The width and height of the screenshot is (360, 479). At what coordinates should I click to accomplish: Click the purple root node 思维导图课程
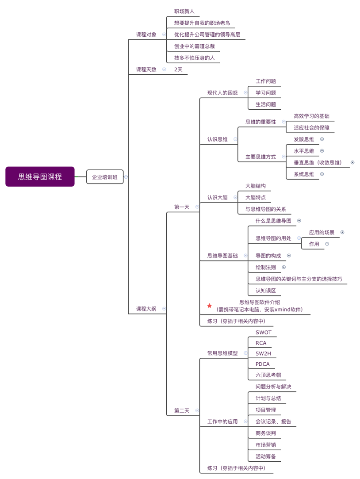click(x=40, y=177)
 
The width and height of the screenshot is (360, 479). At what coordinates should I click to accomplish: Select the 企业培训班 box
click(x=105, y=177)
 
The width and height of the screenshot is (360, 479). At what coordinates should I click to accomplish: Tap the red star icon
click(x=209, y=306)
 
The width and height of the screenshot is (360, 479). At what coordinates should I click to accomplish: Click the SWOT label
click(x=264, y=332)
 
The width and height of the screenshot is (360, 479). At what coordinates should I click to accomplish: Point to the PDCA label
click(x=263, y=364)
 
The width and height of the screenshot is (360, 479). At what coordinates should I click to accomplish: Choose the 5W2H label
click(x=264, y=353)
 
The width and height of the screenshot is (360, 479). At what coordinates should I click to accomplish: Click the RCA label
click(x=261, y=343)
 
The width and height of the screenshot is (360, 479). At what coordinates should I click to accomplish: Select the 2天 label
click(x=178, y=69)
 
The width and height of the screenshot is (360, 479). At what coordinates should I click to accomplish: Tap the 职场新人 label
click(x=184, y=11)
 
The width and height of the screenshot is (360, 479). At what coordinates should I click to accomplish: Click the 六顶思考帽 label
click(x=268, y=375)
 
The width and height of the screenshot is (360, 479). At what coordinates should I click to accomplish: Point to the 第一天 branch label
click(x=182, y=207)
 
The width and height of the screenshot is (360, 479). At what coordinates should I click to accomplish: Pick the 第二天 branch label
click(x=182, y=411)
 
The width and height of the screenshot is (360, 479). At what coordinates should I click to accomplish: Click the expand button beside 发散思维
click(x=322, y=139)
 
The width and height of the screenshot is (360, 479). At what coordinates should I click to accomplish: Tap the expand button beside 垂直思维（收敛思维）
click(x=352, y=162)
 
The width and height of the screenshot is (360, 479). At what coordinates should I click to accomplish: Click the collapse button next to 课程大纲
click(x=164, y=309)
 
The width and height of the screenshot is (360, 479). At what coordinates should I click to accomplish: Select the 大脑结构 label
click(x=256, y=186)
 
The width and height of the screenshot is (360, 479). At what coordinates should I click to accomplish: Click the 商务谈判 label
click(x=266, y=433)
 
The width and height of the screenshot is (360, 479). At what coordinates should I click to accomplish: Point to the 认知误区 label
click(x=266, y=291)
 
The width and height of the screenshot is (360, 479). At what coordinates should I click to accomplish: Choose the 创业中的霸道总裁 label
click(x=195, y=46)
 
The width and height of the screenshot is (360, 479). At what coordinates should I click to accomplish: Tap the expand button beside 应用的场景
click(x=342, y=232)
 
